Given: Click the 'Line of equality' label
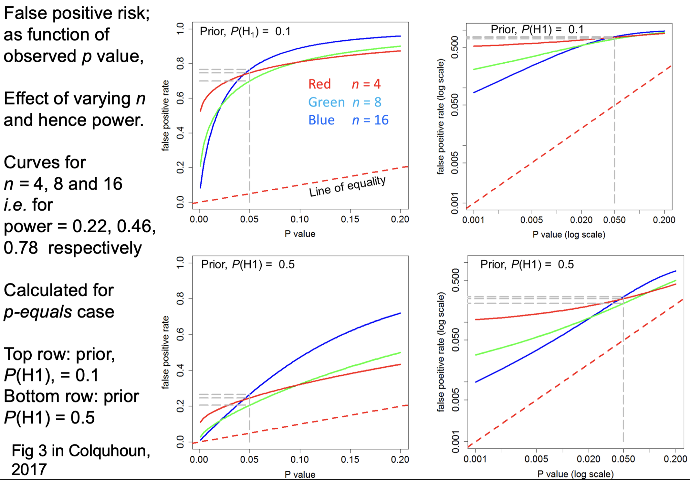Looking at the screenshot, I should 347,186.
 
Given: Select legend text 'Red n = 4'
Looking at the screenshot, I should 344,84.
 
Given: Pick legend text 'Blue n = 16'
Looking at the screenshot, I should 348,120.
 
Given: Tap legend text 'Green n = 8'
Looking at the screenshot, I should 344,102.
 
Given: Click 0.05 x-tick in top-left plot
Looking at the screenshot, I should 249,219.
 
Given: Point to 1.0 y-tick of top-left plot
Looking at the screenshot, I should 181,28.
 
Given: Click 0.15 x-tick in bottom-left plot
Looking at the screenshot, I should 350,459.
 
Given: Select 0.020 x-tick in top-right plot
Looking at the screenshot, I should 581,220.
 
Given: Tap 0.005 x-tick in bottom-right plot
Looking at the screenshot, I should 536,459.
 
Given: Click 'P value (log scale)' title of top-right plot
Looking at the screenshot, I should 569,235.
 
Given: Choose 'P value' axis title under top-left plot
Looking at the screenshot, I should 300,234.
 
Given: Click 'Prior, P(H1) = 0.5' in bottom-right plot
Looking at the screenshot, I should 527,265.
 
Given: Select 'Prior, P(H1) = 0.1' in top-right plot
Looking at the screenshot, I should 537,30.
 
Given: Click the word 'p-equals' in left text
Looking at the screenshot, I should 38,311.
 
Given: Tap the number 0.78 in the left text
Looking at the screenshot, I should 21,248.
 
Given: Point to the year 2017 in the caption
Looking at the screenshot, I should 29,470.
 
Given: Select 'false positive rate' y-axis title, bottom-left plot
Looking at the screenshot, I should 165,352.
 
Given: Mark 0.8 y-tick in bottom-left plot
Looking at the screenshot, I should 181,298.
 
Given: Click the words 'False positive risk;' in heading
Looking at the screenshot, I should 77,13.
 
